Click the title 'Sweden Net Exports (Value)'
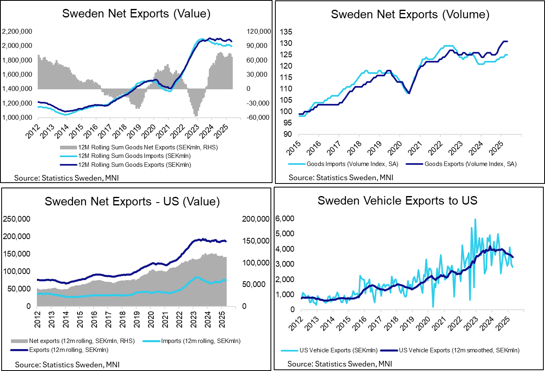(136, 13)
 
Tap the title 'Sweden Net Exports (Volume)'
(410, 14)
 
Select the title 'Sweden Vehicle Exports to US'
(397, 201)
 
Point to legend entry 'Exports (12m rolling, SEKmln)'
(69, 349)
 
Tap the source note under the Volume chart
(341, 177)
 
